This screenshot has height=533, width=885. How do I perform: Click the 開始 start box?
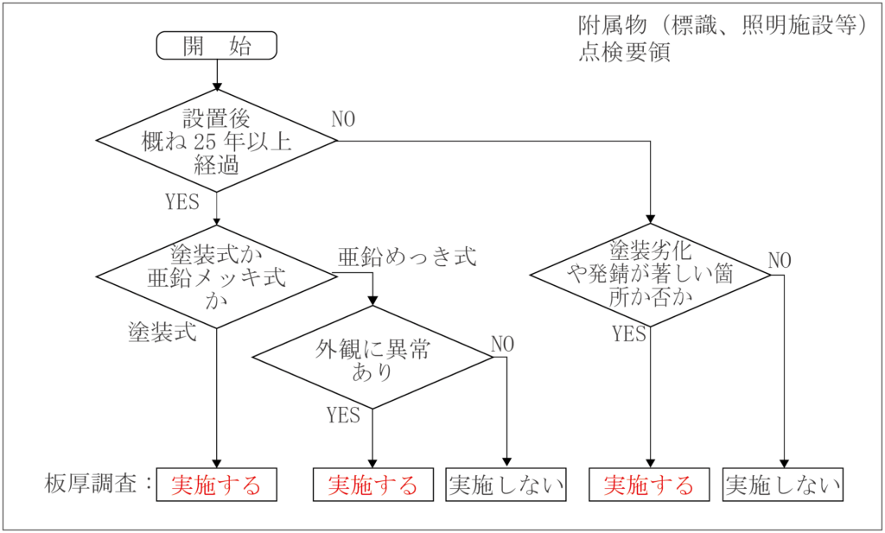coord(216,46)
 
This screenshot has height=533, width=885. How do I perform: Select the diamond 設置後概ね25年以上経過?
coord(216,142)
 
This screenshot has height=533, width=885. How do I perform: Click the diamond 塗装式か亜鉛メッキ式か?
coord(216,276)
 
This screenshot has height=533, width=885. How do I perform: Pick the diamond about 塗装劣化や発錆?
coord(650,275)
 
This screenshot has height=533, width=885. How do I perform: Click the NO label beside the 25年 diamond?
coord(343,120)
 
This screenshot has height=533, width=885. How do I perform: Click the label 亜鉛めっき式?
coord(407,257)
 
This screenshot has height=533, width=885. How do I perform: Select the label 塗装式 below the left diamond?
coord(162,332)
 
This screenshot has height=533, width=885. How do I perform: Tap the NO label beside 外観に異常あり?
coord(502,344)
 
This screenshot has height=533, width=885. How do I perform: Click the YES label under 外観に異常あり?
coord(343,415)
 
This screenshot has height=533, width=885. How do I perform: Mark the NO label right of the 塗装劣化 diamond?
coord(780,260)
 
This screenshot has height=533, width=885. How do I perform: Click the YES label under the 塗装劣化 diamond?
coord(629,333)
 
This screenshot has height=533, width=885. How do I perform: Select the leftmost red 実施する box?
coord(216,485)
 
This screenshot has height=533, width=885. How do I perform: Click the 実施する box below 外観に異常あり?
coord(372,485)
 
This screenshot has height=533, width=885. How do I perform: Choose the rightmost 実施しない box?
coord(783,485)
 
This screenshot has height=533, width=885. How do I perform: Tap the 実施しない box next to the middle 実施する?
coord(506,485)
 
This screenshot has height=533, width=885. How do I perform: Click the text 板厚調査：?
coord(99,484)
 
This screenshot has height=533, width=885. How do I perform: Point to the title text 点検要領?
coord(624,52)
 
